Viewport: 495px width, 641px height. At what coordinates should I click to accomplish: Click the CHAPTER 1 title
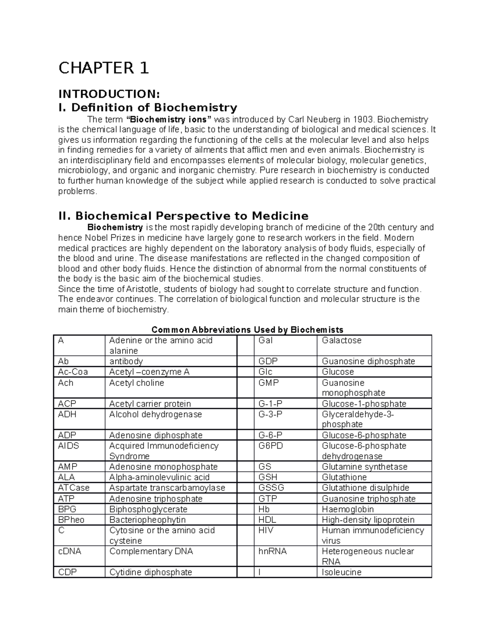click(104, 68)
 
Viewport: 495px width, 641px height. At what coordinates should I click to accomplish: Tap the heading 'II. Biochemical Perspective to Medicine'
click(184, 216)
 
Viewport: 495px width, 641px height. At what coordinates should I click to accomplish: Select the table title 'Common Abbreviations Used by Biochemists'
click(247, 329)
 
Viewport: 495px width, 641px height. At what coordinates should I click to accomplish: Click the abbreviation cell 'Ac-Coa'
click(73, 372)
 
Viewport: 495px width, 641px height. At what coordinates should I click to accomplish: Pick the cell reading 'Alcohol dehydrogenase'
click(156, 414)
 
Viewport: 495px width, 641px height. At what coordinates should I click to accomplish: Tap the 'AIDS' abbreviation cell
click(68, 446)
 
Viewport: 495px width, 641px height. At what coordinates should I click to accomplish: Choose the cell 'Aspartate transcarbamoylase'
click(167, 488)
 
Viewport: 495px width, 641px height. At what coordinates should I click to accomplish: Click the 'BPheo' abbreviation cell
click(71, 520)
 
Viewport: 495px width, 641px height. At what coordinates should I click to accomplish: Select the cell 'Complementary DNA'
click(151, 551)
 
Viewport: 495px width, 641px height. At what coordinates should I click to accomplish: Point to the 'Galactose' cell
click(342, 341)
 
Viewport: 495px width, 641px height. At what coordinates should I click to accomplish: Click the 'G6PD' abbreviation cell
click(271, 446)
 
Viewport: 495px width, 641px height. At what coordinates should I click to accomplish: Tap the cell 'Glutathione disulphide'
click(365, 488)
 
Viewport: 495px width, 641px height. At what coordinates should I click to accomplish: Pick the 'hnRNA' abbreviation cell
click(272, 551)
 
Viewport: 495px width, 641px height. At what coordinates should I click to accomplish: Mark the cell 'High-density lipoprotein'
click(368, 520)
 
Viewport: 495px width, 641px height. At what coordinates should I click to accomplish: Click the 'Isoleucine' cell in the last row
click(342, 572)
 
